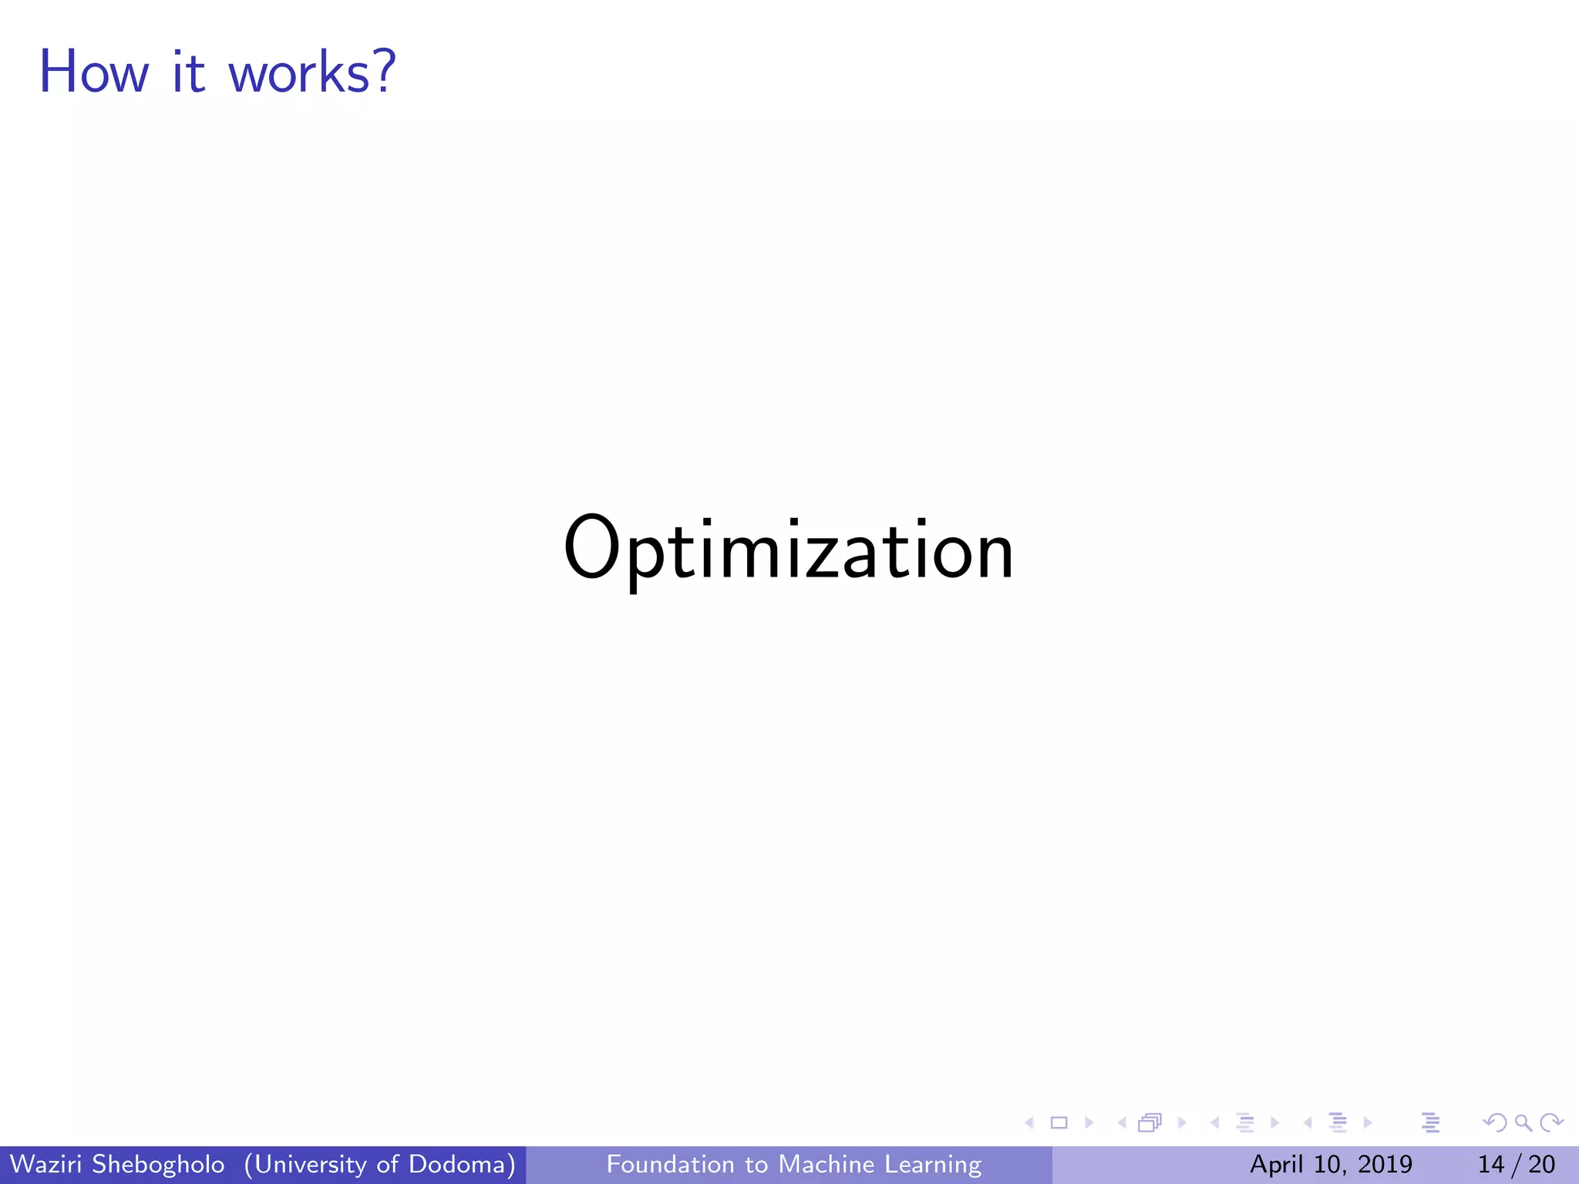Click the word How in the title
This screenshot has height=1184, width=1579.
coord(93,72)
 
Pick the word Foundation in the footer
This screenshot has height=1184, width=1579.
coord(670,1164)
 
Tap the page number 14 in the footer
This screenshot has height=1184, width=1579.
coord(1491,1164)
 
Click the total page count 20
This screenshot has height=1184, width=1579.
coord(1541,1164)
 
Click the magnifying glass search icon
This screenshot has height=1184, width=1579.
coord(1523,1123)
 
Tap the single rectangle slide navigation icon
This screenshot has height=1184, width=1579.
coord(1059,1123)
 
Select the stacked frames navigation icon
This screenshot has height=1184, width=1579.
coord(1149,1123)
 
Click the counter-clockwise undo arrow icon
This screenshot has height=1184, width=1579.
coord(1495,1123)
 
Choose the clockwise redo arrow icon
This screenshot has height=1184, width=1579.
coord(1550,1123)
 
